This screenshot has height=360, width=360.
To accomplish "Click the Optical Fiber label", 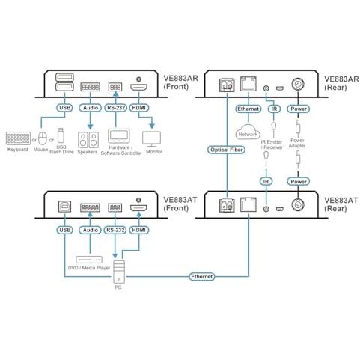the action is tap(226, 150).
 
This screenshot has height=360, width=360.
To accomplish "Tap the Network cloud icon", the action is tap(248, 132).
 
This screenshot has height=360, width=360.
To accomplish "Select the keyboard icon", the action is tap(18, 138).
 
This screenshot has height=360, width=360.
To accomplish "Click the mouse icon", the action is tap(43, 138).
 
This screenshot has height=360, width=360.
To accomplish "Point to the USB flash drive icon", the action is tap(61, 135).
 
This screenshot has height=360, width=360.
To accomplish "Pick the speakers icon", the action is tap(88, 140).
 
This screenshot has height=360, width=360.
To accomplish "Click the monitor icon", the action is tap(151, 139).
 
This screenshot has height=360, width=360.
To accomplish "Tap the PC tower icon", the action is tap(119, 272).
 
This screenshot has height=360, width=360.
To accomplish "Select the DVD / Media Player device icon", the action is tap(89, 260).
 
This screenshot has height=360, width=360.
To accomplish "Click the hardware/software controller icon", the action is tap(119, 136).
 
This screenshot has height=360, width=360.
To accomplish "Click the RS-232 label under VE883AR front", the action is tap(116, 108).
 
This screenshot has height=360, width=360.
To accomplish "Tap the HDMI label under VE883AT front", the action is tap(139, 230).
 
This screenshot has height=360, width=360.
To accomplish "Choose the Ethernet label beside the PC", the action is tap(201, 276).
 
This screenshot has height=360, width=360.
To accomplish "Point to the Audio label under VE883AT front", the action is tap(91, 230).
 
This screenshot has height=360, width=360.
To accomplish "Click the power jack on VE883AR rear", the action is tap(298, 85).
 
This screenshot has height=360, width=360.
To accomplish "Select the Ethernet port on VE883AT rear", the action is tap(248, 205).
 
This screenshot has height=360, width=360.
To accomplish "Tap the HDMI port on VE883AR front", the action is tap(138, 88).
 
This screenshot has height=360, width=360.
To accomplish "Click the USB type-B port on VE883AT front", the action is tap(64, 207).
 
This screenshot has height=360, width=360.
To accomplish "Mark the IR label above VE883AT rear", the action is tap(266, 181).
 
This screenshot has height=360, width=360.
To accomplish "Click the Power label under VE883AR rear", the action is tap(299, 109).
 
